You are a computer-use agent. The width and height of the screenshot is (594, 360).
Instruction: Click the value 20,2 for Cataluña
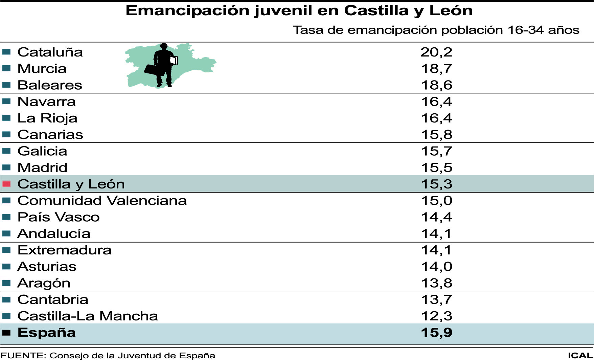[x=436, y=52]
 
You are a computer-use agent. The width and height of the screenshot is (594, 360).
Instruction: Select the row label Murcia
[x=42, y=69]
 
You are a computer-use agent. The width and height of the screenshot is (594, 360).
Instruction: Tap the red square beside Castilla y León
[x=6, y=184]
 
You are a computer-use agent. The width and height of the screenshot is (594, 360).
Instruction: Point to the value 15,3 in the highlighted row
[x=436, y=184]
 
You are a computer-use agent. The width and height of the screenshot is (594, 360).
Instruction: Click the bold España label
[x=47, y=333]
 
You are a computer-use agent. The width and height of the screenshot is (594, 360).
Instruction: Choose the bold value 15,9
[x=436, y=333]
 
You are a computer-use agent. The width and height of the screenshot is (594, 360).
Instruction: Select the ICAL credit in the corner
[x=580, y=356]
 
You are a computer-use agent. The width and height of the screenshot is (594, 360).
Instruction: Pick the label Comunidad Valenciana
[x=102, y=201]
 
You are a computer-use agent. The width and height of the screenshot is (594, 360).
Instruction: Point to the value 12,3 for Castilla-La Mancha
[x=436, y=316]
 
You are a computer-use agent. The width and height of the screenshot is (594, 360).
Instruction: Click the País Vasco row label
[x=59, y=217]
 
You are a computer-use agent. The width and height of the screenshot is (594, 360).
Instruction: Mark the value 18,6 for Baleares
[x=436, y=85]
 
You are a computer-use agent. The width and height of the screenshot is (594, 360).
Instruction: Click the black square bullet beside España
[x=6, y=333]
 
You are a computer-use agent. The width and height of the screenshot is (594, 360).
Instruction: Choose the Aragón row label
[x=44, y=283]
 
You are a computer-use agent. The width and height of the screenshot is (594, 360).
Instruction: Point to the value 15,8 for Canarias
[x=436, y=135]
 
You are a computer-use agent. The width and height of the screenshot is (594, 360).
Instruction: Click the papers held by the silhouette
[x=174, y=60]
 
